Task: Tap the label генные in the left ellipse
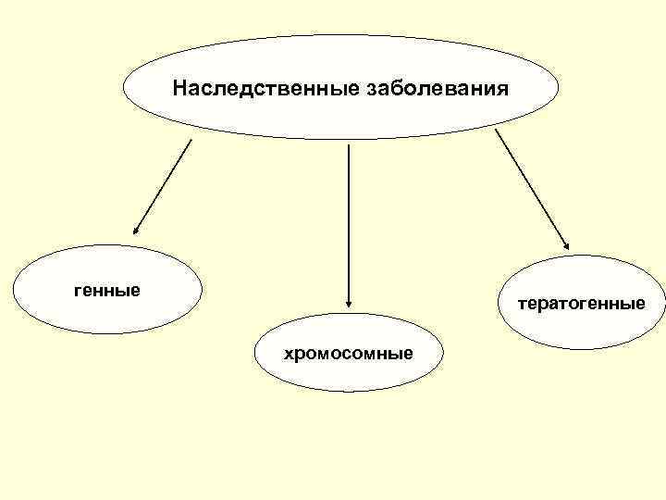coord(107,291)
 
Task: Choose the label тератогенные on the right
coord(581,303)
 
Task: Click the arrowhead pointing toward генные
coord(136,231)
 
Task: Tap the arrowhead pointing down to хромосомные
coord(348,302)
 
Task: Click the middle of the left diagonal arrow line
coord(164,185)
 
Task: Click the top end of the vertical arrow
coord(348,144)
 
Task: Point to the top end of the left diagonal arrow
coord(191,140)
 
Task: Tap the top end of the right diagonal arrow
coord(496,130)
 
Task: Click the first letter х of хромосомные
coord(289,354)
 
